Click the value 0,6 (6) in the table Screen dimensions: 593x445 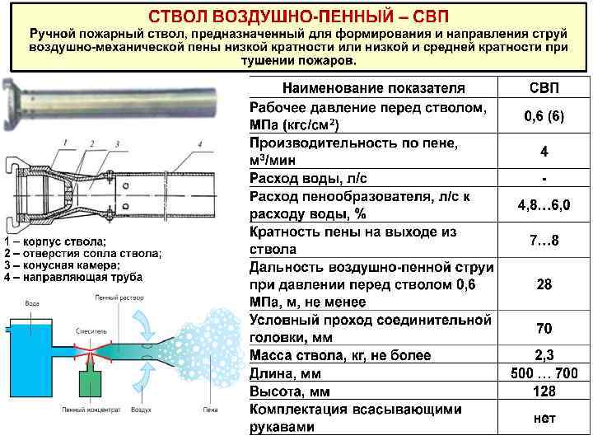(x=544, y=116)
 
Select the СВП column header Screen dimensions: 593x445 (x=544, y=87)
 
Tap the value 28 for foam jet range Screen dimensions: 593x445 (x=544, y=285)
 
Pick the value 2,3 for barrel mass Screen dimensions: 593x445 (x=544, y=356)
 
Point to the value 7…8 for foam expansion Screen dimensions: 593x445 (x=544, y=241)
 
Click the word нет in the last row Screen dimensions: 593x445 (x=544, y=418)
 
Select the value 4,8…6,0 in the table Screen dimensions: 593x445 (x=544, y=204)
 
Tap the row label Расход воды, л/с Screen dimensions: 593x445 (x=319, y=178)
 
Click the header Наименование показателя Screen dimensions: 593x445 (x=373, y=87)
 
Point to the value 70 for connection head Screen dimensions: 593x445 (x=544, y=329)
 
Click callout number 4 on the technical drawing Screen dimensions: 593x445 (x=199, y=145)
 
